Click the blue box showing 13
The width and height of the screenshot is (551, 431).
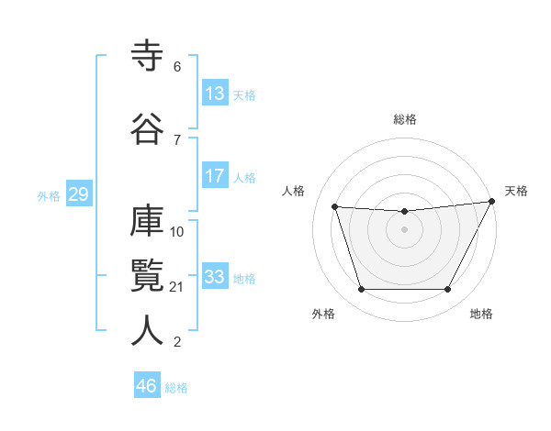(214, 94)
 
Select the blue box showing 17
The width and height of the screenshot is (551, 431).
(214, 177)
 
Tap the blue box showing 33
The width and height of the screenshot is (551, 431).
(214, 278)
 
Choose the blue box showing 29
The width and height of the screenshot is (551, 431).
(78, 195)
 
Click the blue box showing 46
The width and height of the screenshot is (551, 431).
(147, 386)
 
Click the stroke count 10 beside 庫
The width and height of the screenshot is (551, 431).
(177, 231)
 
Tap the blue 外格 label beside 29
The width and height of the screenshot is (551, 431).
(49, 196)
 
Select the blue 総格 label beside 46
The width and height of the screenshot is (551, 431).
(176, 388)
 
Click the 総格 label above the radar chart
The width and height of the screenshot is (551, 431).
(404, 119)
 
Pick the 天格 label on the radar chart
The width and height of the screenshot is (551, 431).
(516, 191)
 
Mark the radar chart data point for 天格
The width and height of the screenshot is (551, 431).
(492, 202)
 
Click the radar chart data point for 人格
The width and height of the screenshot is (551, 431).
(334, 207)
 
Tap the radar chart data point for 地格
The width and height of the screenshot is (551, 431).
(447, 290)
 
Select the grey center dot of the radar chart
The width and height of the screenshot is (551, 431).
(404, 230)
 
